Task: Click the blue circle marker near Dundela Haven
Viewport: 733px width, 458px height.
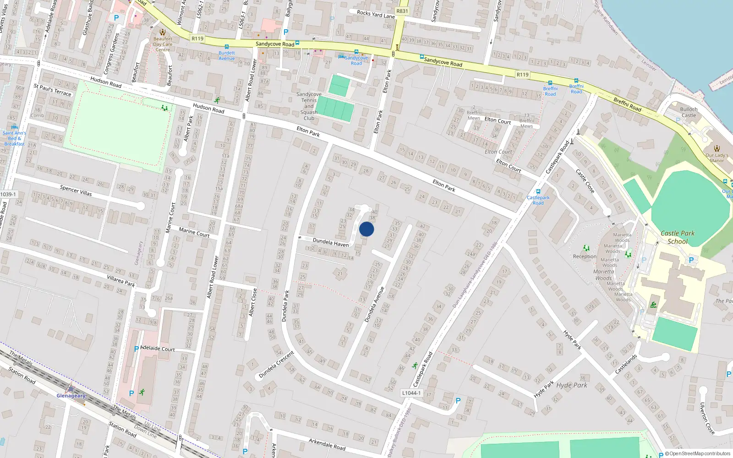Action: (366, 229)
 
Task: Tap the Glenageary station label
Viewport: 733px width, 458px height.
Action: (71, 396)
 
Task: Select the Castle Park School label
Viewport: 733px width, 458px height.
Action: (678, 237)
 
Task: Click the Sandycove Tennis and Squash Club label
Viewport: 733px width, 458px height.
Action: (309, 106)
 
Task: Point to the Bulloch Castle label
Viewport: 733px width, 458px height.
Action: (689, 112)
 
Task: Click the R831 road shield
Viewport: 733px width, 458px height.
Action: (402, 11)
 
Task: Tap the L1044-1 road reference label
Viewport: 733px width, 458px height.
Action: (411, 393)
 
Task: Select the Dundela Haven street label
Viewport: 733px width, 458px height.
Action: (330, 242)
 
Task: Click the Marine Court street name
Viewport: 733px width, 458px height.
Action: (194, 232)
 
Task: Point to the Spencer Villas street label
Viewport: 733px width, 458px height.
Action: (76, 191)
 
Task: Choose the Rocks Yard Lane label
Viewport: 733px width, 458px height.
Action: (376, 15)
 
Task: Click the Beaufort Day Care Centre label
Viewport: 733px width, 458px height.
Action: (163, 44)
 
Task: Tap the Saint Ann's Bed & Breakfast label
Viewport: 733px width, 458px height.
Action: (14, 138)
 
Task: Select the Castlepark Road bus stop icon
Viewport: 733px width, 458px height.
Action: (538, 191)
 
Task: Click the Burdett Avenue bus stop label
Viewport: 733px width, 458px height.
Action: (226, 55)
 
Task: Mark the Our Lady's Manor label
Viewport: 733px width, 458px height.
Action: (717, 158)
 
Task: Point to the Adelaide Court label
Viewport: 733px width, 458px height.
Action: (158, 349)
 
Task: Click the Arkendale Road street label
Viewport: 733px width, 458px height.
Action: (327, 444)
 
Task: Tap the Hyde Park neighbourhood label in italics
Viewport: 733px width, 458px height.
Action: (572, 385)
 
